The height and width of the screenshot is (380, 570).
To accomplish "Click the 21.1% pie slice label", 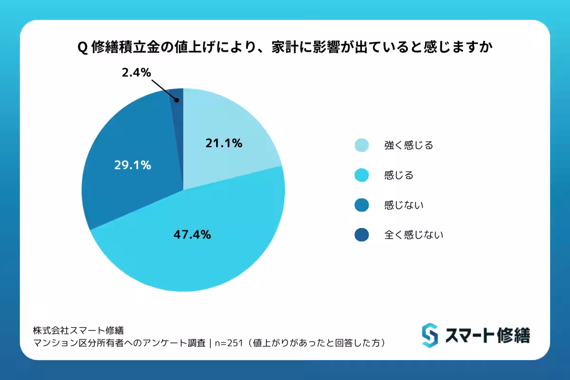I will pos(224,142).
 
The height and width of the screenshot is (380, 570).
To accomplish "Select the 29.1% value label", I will pos(133,165).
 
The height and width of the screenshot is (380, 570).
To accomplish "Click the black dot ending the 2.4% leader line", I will pos(176,100).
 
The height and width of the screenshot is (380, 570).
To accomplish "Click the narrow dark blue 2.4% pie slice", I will pos(177,114).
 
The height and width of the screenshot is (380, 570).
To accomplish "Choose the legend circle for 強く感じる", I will pos(361,145).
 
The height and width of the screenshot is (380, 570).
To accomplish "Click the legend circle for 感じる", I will pos(361,175).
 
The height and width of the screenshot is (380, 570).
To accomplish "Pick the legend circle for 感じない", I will pos(361,205).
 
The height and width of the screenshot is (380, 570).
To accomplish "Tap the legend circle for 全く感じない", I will pos(361,235).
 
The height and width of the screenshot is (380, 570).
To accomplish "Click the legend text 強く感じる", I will pos(408,145).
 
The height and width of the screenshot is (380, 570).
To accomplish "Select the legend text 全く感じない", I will pos(413,235).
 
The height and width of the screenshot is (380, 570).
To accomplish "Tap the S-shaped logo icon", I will pos(429,335).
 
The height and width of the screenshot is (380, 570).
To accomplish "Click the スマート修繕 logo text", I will pos(487,335).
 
